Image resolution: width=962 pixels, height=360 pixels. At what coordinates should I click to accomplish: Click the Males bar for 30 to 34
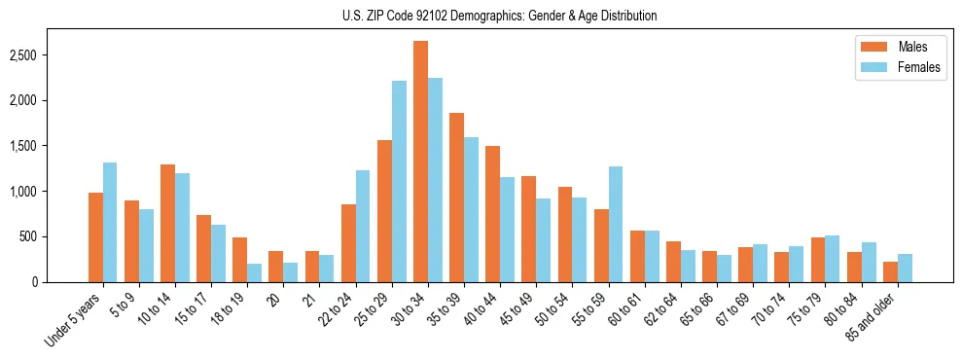(x=420, y=162)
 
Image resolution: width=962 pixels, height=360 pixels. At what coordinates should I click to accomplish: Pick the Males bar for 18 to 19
(x=239, y=260)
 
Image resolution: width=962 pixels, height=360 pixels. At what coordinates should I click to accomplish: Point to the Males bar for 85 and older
(x=890, y=271)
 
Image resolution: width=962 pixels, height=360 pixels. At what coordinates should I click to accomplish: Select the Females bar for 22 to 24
(x=363, y=226)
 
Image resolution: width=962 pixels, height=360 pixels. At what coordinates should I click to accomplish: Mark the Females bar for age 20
(x=291, y=272)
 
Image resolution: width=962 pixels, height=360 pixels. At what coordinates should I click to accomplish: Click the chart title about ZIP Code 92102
(x=499, y=16)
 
